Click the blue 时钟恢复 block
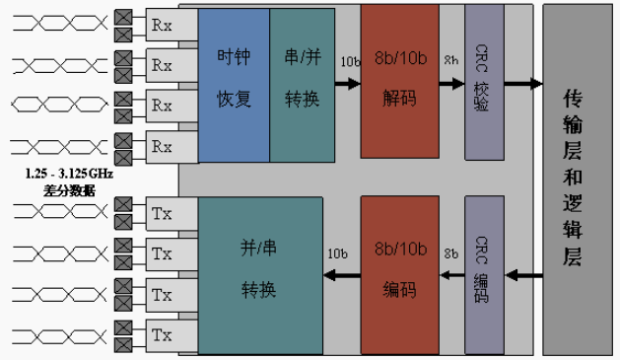click(x=234, y=84)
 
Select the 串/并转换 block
click(x=302, y=84)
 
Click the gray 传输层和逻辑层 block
click(x=577, y=178)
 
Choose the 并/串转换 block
click(x=260, y=275)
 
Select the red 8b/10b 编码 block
click(x=399, y=275)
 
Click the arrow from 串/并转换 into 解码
click(x=347, y=84)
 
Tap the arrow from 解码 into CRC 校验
click(x=450, y=84)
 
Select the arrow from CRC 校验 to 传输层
click(x=523, y=84)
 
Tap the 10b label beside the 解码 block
click(x=349, y=61)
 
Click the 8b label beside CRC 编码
click(x=450, y=253)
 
